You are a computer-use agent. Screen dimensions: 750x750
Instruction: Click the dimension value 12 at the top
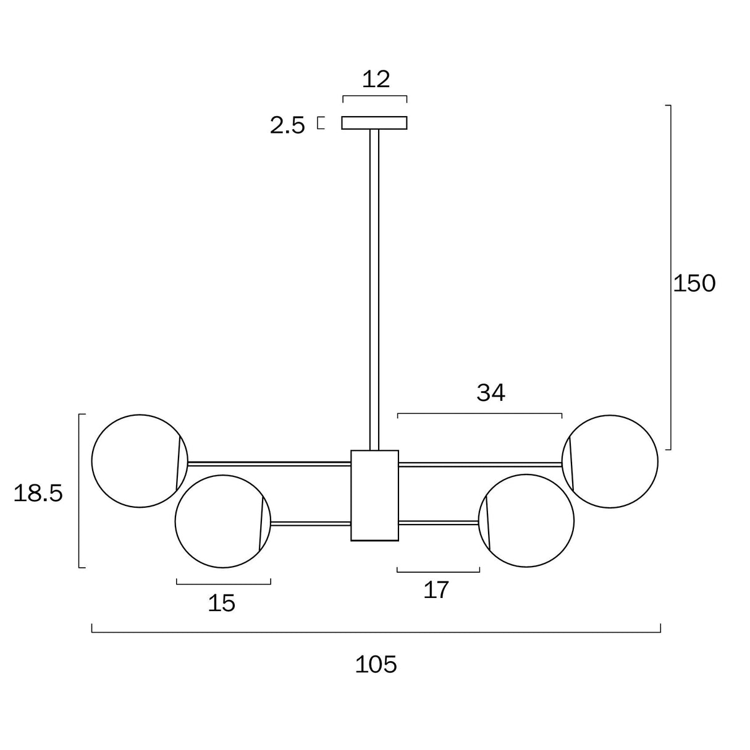click(376, 79)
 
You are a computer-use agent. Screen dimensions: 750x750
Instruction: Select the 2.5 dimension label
click(288, 125)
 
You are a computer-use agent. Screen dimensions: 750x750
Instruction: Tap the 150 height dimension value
click(694, 283)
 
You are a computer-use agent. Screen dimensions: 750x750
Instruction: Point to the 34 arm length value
click(491, 392)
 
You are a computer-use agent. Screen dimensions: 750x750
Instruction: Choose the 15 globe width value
click(221, 603)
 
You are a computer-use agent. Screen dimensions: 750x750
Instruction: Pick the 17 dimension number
click(436, 590)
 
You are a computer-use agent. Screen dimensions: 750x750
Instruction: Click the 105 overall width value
click(376, 665)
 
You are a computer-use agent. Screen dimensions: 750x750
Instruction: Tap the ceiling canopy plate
click(374, 123)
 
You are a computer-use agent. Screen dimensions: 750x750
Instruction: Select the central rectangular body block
click(374, 495)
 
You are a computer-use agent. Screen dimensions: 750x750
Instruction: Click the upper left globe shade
click(137, 461)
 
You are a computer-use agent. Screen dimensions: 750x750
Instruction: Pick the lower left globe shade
click(221, 521)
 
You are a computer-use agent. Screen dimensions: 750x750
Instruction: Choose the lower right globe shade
click(528, 521)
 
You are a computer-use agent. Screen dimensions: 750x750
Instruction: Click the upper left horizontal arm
click(269, 463)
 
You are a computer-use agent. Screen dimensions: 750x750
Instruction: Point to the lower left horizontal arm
click(310, 523)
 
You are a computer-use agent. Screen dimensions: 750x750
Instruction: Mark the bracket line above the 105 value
click(376, 632)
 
